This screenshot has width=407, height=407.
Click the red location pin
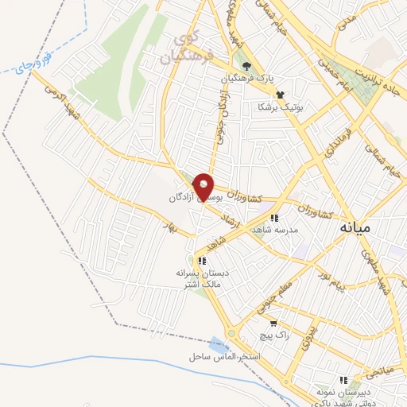pos(204,187)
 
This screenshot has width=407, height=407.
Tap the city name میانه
pos(355,227)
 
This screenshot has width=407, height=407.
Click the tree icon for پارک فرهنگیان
pos(247,65)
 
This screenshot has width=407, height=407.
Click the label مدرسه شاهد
pos(273,229)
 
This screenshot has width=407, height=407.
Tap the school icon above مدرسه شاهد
pos(274,217)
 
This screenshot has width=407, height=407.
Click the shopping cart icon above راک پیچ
pos(273,323)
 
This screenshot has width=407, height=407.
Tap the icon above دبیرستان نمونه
pos(343,380)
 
